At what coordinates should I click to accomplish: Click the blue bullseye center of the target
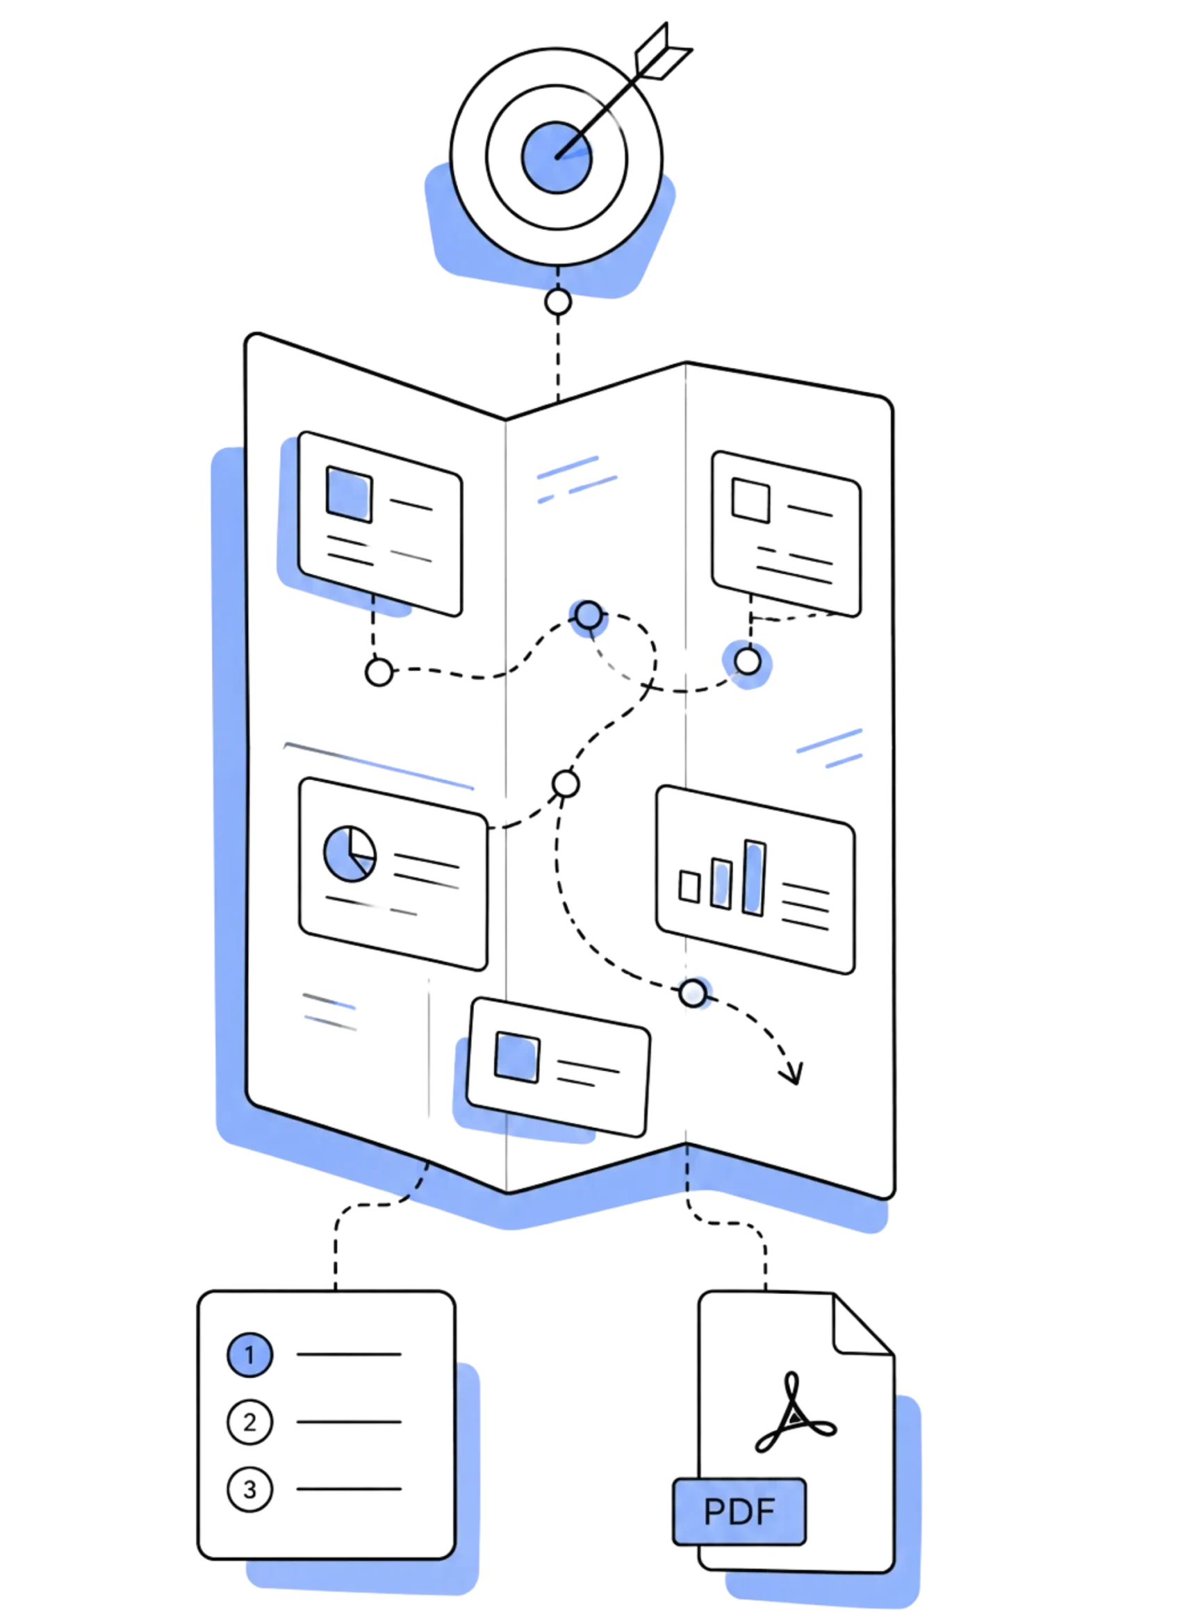click(556, 157)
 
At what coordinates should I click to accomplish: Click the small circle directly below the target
click(558, 301)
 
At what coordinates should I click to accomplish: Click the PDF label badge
click(739, 1512)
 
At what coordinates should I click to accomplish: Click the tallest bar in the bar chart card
click(754, 878)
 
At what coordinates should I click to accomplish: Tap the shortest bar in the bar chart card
click(689, 886)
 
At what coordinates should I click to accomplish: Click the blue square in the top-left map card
click(349, 495)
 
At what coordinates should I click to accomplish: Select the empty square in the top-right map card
click(750, 499)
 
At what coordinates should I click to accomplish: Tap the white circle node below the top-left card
click(379, 672)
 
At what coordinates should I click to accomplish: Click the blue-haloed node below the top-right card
click(748, 662)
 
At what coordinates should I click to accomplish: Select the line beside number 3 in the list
click(349, 1489)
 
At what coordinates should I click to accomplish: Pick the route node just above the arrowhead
click(694, 993)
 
